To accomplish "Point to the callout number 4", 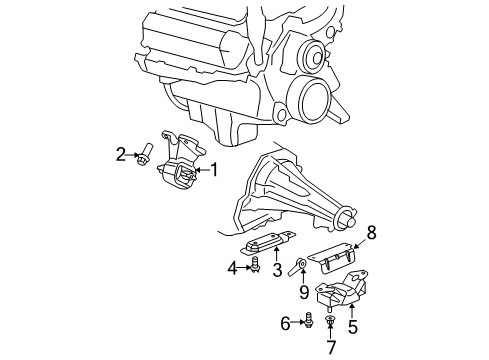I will pyautogui.click(x=232, y=267).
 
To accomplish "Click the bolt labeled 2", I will pyautogui.click(x=144, y=154).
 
